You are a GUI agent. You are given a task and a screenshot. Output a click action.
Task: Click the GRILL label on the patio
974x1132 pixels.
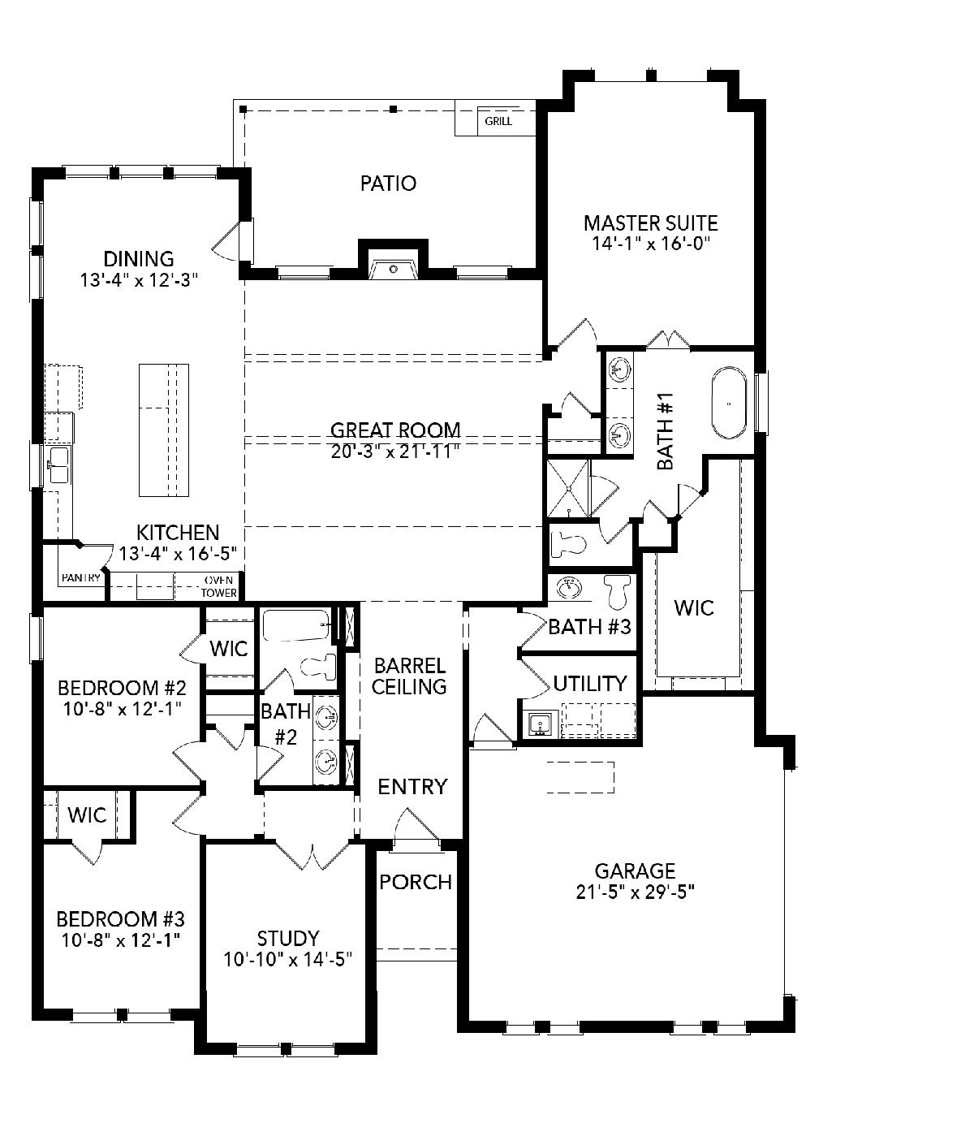(498, 121)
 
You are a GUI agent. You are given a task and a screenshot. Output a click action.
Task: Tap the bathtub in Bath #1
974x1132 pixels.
(729, 404)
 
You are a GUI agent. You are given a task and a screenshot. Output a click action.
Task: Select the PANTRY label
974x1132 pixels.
(81, 577)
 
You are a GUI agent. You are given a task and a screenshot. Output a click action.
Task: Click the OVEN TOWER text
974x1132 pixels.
(218, 586)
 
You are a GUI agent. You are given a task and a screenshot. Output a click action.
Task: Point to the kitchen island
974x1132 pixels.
(164, 430)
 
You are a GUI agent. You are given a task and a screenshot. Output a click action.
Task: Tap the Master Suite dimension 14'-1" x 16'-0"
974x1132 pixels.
(651, 244)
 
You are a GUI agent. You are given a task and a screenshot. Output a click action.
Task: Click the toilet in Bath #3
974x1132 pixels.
(617, 592)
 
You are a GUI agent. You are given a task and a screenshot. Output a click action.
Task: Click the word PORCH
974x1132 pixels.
(416, 882)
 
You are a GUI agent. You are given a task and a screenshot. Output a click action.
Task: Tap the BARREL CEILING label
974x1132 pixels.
(409, 676)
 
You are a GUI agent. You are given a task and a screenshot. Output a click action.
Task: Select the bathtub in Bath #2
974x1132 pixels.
(296, 625)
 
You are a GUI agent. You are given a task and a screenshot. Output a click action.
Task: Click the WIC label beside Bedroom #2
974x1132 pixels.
(229, 649)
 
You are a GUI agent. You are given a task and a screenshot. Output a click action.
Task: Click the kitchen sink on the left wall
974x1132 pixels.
(59, 465)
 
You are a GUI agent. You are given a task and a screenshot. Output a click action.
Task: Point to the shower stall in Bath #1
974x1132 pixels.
(568, 489)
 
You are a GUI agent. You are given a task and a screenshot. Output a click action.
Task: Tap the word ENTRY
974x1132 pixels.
(413, 787)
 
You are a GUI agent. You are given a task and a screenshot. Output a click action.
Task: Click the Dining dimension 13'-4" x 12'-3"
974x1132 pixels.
(139, 280)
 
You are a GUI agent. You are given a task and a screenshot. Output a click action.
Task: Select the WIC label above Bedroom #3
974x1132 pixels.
(87, 815)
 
